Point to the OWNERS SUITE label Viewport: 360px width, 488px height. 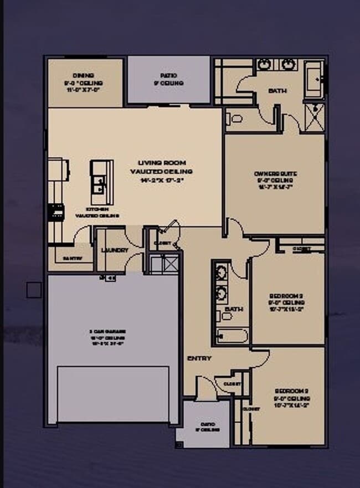pos(276,174)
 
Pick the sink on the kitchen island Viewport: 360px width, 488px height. pos(100,183)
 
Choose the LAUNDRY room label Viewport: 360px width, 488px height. pos(115,250)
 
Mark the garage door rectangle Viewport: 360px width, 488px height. pos(114,394)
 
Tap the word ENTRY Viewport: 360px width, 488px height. pos(199,358)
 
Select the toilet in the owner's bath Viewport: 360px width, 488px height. pos(235,118)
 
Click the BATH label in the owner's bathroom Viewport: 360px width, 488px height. pos(277,91)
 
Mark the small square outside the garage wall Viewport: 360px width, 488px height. pos(34,289)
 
